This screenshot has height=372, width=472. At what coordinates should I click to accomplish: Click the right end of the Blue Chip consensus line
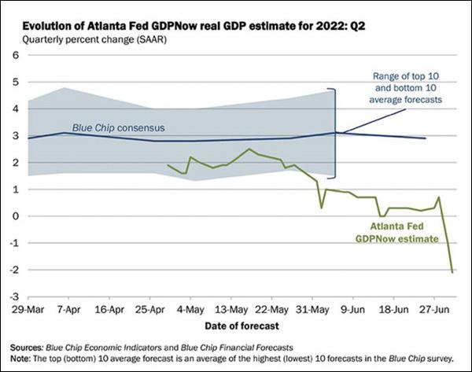tap(426, 138)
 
